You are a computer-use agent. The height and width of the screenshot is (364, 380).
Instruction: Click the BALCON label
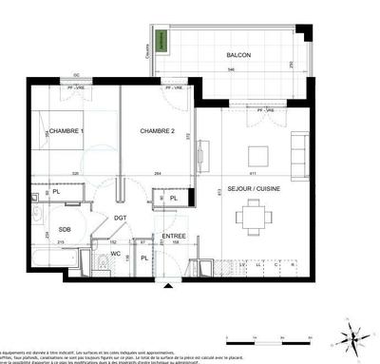tap(238, 56)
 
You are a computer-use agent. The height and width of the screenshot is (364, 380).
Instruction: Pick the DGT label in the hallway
tap(121, 219)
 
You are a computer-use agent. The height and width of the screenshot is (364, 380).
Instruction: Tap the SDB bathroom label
tap(65, 230)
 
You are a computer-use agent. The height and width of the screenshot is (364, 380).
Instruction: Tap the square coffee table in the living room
tap(257, 156)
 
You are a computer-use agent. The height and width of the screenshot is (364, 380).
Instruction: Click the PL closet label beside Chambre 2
tap(172, 199)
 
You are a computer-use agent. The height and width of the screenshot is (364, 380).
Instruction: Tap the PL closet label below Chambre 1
tap(56, 193)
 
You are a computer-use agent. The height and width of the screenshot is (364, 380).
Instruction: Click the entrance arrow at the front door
tap(169, 283)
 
